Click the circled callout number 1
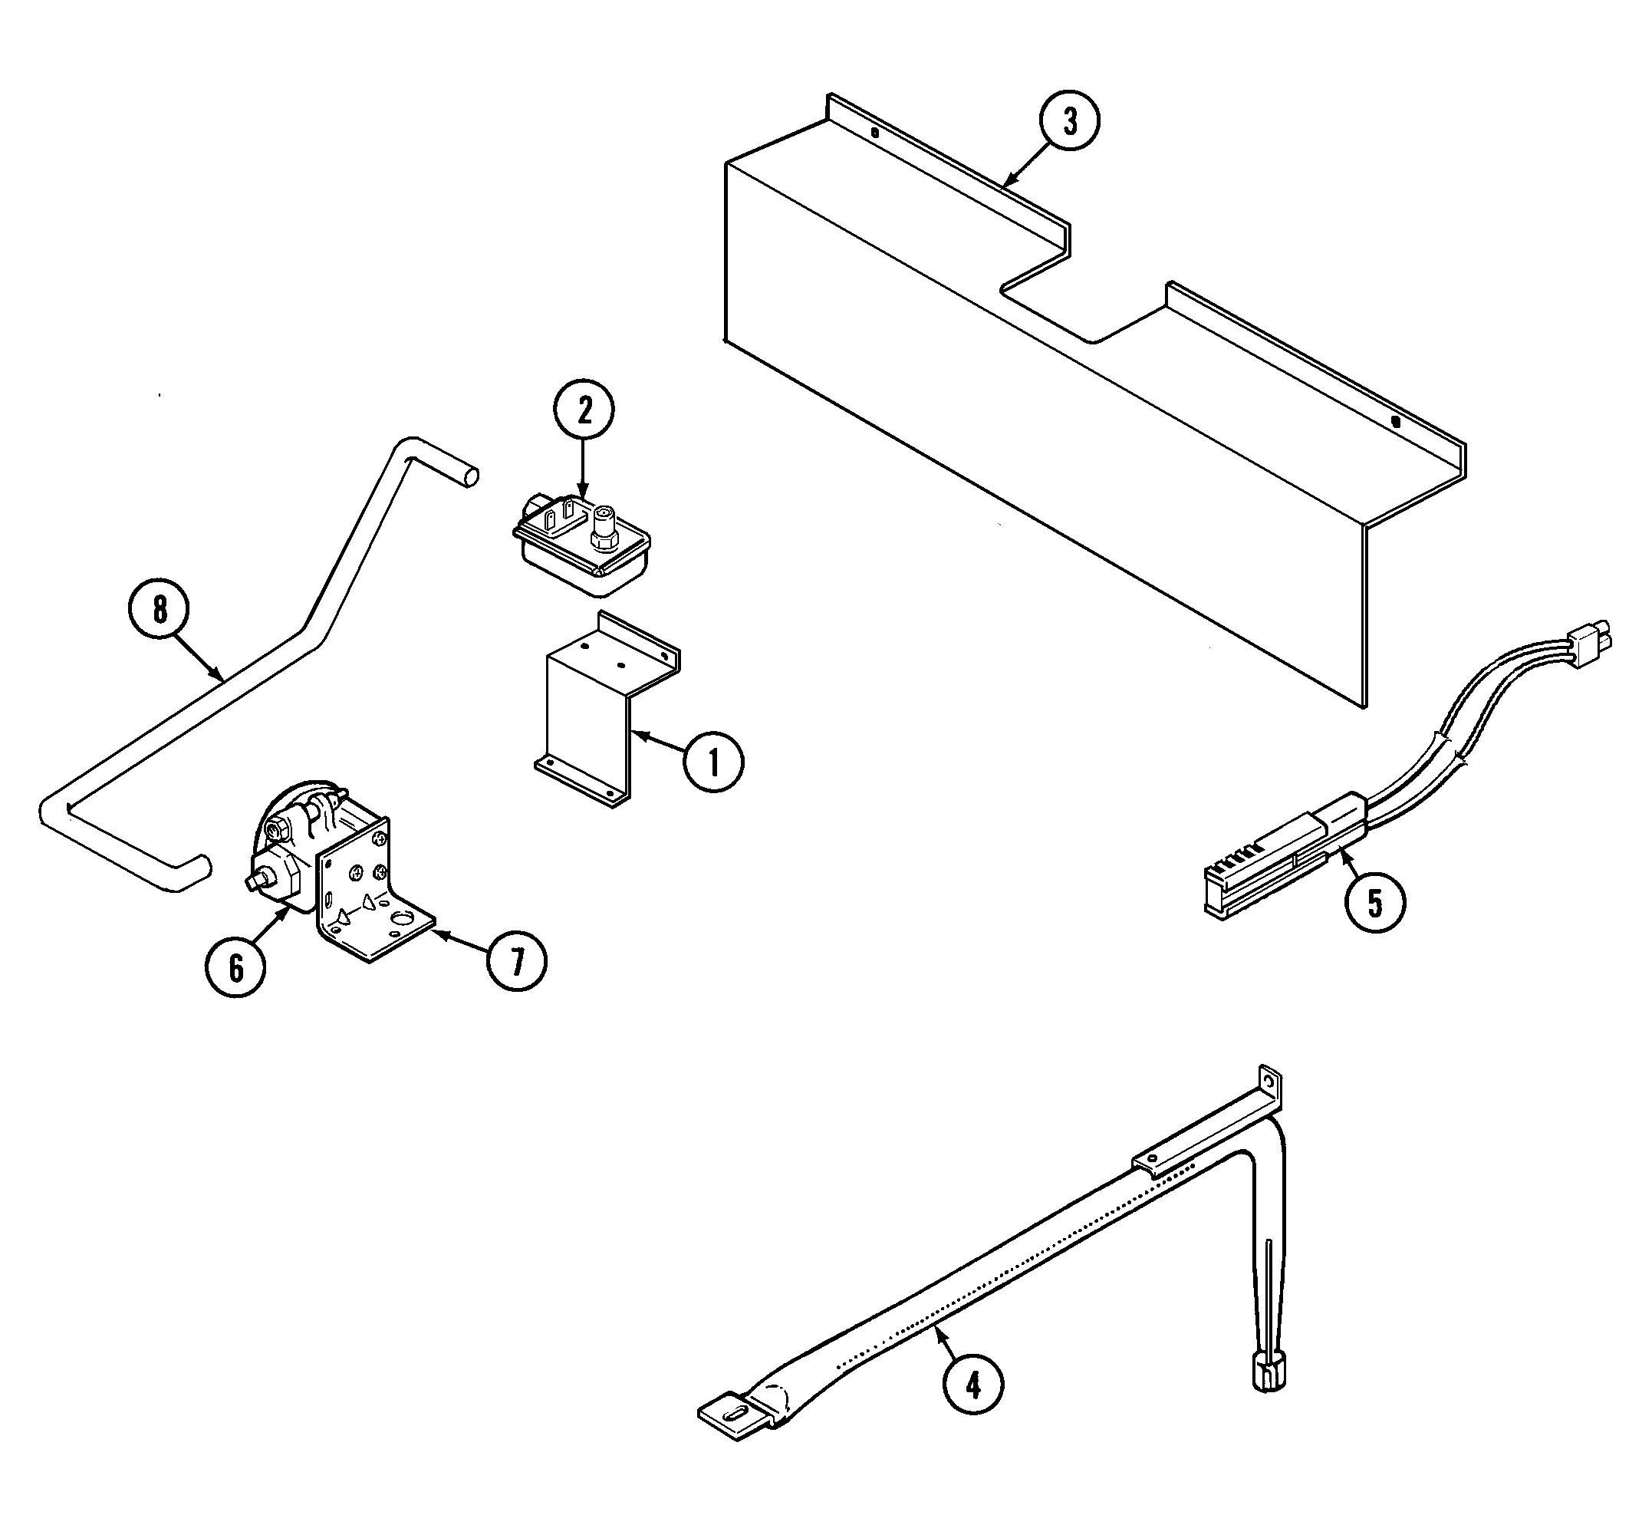(x=712, y=762)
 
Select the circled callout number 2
(x=584, y=410)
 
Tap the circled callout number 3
(x=1070, y=120)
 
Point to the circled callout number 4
(x=973, y=1385)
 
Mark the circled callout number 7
(x=516, y=960)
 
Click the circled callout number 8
(x=160, y=610)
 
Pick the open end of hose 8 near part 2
(x=471, y=476)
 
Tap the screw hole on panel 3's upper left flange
(x=877, y=131)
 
